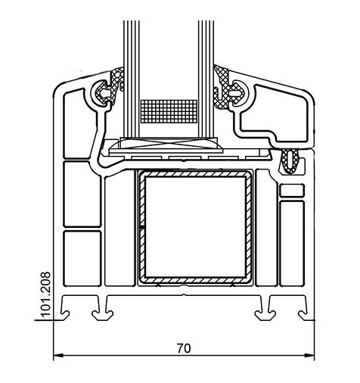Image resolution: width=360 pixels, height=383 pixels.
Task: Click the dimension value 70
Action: (x=184, y=348)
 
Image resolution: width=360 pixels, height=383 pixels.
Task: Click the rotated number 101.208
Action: (x=46, y=294)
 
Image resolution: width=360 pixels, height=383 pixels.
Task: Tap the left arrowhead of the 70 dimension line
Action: (x=58, y=356)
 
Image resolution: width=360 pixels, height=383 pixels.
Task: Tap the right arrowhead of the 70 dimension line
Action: (x=310, y=356)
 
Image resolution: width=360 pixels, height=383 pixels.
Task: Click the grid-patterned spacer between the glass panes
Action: (x=169, y=111)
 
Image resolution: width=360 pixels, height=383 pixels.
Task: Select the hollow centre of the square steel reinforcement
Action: (x=195, y=227)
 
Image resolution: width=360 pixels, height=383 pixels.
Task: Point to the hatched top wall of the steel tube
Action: (x=195, y=174)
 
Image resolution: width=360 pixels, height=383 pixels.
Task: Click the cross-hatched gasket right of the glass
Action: (x=227, y=87)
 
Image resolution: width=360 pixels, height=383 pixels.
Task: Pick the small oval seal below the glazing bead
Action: (x=290, y=161)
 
